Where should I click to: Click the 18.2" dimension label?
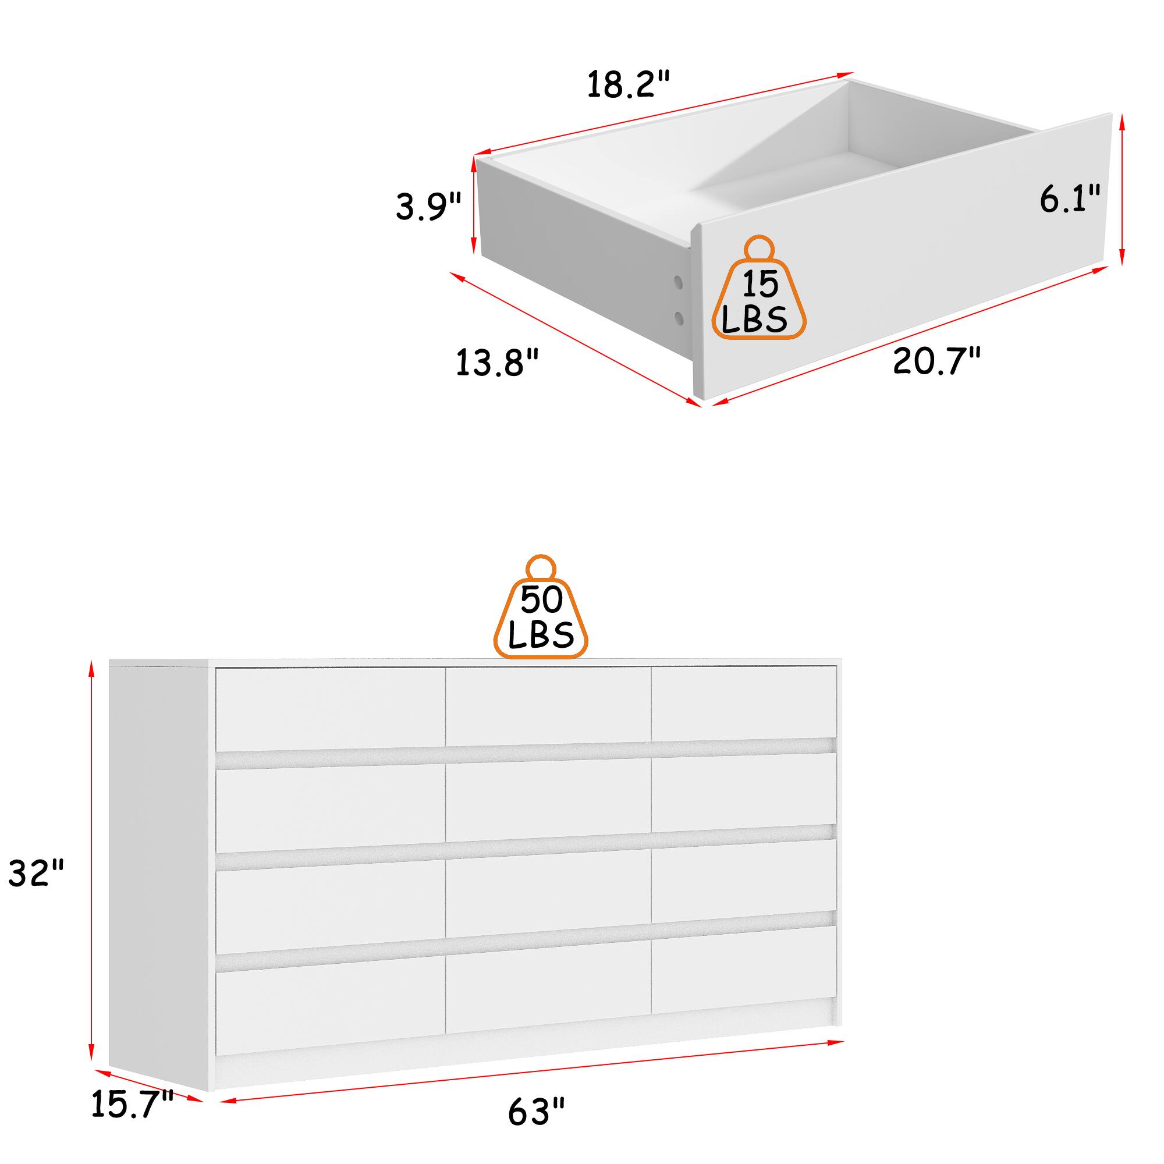click(x=629, y=84)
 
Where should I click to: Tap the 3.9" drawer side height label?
click(x=428, y=206)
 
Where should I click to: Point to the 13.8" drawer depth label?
click(x=497, y=363)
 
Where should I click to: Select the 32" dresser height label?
click(x=36, y=873)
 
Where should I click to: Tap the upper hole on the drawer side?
click(x=679, y=281)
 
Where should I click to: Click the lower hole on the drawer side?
click(x=679, y=318)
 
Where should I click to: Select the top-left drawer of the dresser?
click(x=330, y=709)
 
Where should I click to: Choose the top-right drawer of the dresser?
click(x=744, y=702)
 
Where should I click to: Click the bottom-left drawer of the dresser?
click(x=330, y=1006)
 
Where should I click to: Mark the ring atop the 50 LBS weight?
click(x=541, y=567)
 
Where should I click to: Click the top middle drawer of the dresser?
click(x=548, y=706)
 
